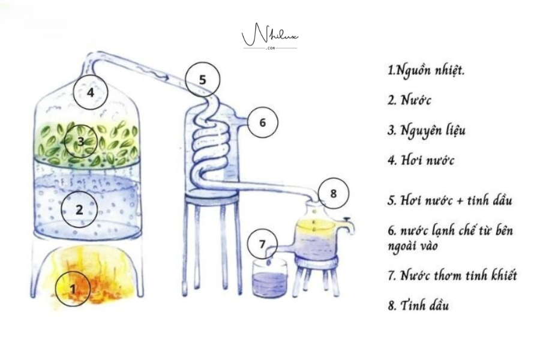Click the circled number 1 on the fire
pyautogui.click(x=73, y=289)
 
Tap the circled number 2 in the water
pyautogui.click(x=79, y=209)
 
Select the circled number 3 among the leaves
pyautogui.click(x=81, y=141)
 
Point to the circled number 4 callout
pyautogui.click(x=91, y=92)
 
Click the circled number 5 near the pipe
pyautogui.click(x=203, y=80)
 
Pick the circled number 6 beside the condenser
pyautogui.click(x=262, y=122)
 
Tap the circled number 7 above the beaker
pyautogui.click(x=262, y=244)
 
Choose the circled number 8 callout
pyautogui.click(x=334, y=193)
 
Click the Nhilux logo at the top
pyautogui.click(x=270, y=36)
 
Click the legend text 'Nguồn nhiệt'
pyautogui.click(x=430, y=71)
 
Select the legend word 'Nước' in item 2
pyautogui.click(x=416, y=100)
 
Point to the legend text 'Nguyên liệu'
pyautogui.click(x=433, y=131)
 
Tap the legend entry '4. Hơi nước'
pyautogui.click(x=421, y=160)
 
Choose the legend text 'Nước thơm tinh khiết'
pyautogui.click(x=458, y=275)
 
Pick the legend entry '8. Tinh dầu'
pyautogui.click(x=418, y=305)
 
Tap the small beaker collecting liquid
pyautogui.click(x=269, y=278)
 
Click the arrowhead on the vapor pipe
pyautogui.click(x=166, y=78)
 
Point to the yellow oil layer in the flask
pyautogui.click(x=316, y=226)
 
